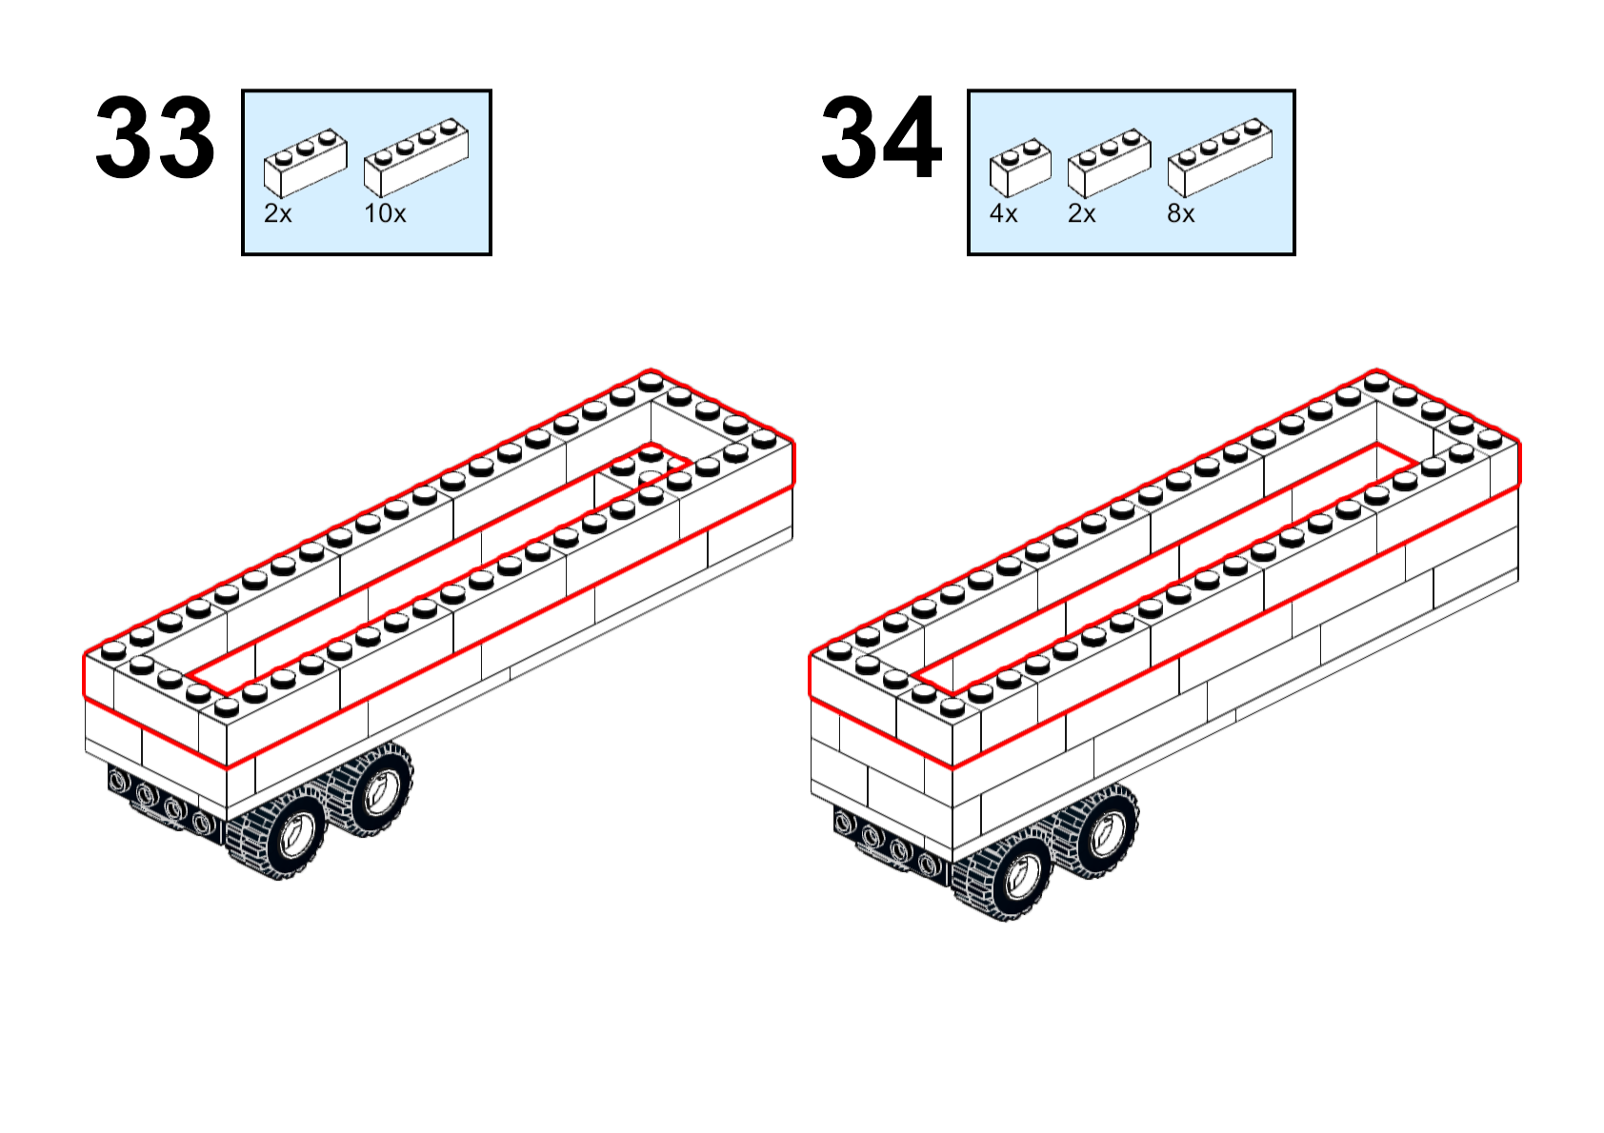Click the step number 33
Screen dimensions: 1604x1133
click(154, 137)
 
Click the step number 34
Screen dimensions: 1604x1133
click(881, 137)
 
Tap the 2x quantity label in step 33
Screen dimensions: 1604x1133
click(278, 213)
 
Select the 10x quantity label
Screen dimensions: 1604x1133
click(385, 213)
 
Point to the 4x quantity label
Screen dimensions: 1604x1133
click(1003, 213)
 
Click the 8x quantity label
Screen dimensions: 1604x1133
click(1181, 213)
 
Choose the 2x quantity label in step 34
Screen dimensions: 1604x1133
click(1081, 213)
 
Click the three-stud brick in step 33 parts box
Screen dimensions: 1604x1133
click(306, 164)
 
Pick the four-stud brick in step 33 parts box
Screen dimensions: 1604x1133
click(417, 158)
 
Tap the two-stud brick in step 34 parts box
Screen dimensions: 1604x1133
click(1020, 169)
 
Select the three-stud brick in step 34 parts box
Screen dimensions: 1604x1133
click(1110, 164)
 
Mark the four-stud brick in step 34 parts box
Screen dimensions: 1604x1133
click(1220, 158)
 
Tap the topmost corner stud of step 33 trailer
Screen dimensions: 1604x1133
click(651, 381)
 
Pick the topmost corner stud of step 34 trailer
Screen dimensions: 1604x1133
click(1376, 381)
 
